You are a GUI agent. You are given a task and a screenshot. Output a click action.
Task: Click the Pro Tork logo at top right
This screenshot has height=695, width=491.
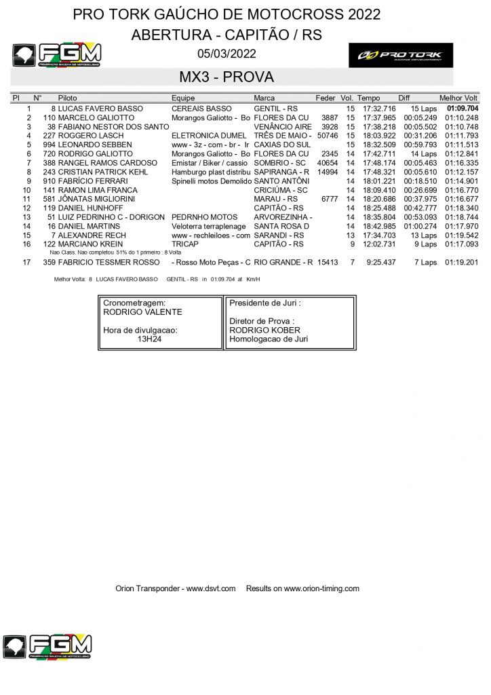click(x=400, y=55)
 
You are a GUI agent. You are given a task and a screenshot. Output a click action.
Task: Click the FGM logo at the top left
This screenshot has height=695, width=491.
click(x=57, y=55)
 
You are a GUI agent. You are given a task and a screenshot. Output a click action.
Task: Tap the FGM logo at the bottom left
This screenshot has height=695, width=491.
click(x=47, y=647)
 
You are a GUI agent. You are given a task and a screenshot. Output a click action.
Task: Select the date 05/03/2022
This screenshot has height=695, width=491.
click(x=227, y=54)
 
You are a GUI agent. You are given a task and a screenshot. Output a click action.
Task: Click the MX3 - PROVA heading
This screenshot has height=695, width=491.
click(x=227, y=77)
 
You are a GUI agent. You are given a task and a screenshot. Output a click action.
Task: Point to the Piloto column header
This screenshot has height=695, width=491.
click(x=67, y=98)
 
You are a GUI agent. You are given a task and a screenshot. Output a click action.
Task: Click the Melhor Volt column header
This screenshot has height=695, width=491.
click(x=458, y=98)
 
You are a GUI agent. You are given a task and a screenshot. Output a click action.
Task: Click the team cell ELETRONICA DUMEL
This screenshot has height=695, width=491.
click(x=204, y=136)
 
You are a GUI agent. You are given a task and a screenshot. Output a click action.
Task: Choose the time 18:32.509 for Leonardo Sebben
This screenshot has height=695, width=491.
click(x=379, y=145)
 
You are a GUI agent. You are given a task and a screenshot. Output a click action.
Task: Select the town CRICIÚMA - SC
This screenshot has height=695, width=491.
click(x=280, y=190)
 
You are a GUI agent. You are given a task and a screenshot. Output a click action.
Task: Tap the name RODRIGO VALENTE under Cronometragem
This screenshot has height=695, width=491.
click(x=142, y=312)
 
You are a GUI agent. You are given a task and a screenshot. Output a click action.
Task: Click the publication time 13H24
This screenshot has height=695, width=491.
click(x=149, y=339)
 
